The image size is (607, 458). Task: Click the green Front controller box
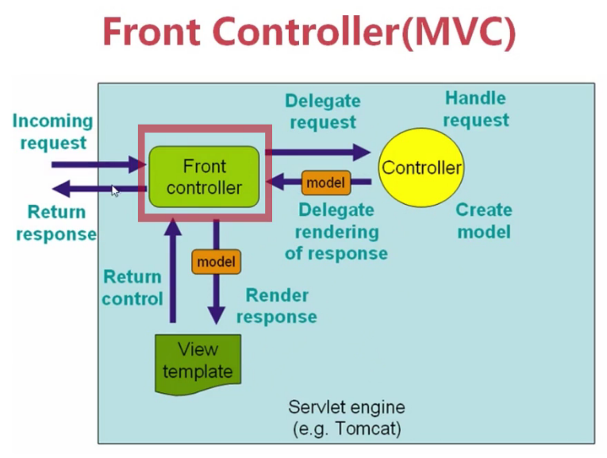[205, 177]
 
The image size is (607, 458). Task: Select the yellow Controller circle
[421, 167]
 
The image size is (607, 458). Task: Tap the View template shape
[198, 362]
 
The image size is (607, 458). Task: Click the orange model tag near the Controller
[325, 183]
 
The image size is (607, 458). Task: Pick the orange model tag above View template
[216, 261]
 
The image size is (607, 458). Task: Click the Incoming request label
[52, 132]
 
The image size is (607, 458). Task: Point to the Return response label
[56, 223]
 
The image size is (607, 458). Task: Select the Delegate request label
[322, 111]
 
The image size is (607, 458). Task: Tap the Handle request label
[475, 109]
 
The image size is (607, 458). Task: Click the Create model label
[483, 221]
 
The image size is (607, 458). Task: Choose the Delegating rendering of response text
[336, 232]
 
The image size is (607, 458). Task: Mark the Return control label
[133, 287]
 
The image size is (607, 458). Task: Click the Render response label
[276, 306]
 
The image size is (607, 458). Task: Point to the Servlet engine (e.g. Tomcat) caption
[346, 418]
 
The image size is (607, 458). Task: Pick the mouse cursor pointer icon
[114, 191]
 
